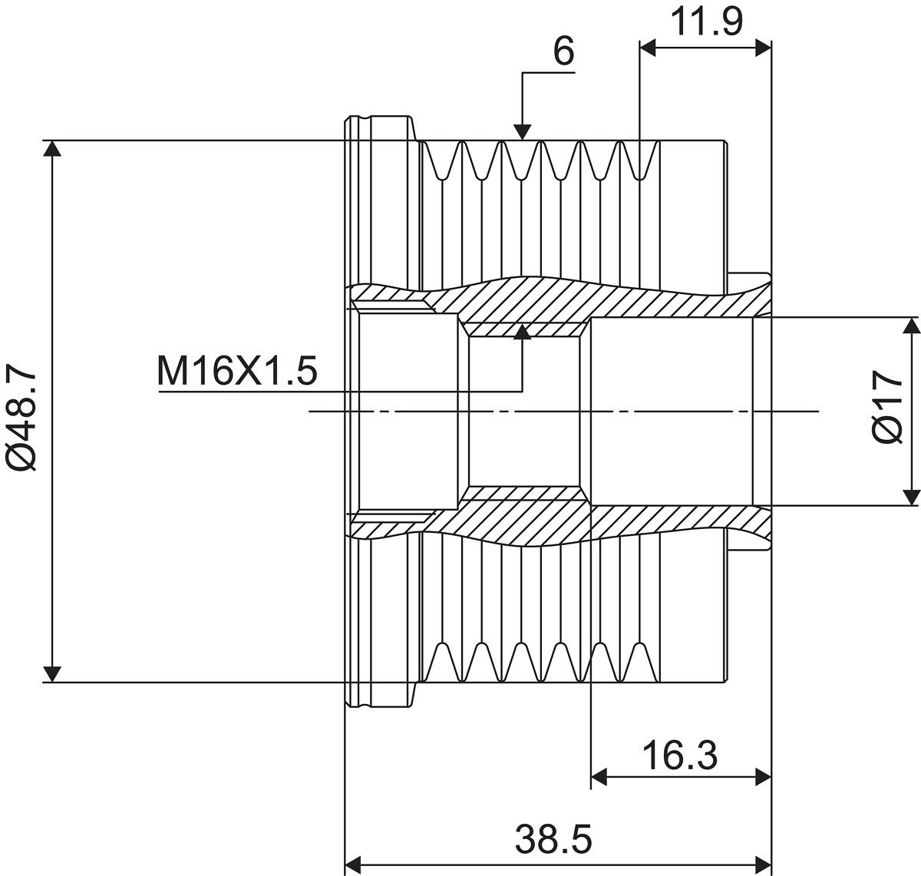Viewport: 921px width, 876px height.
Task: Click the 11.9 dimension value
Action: [x=706, y=22]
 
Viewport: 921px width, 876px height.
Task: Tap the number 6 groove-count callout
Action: [x=563, y=51]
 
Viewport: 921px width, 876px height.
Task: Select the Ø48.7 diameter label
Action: [x=21, y=416]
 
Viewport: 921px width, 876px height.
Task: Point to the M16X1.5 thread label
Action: [x=237, y=371]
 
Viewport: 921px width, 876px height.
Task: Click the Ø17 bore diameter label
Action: [x=887, y=406]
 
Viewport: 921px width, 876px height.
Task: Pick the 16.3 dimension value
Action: [x=680, y=755]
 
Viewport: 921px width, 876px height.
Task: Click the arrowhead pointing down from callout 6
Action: [x=523, y=133]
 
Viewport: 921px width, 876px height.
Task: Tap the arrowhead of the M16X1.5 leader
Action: [x=523, y=332]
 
